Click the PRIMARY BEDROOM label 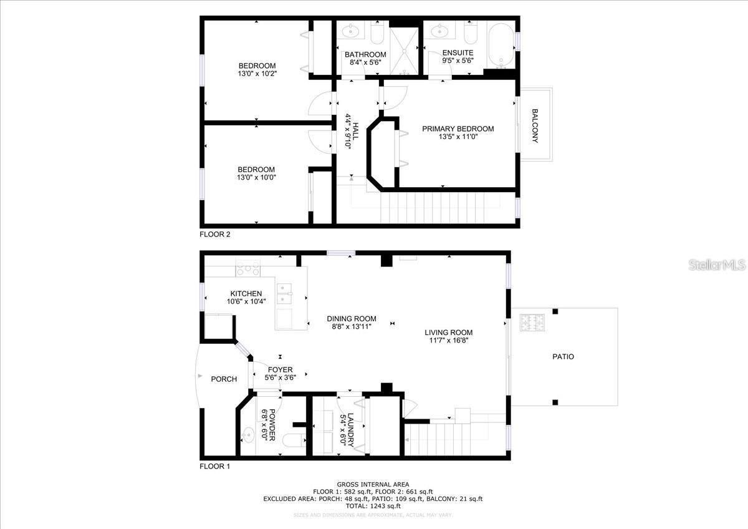[x=458, y=129]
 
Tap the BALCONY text [x=535, y=126]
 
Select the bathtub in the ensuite [x=500, y=46]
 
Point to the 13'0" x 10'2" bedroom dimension [x=257, y=74]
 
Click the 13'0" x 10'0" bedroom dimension [x=256, y=177]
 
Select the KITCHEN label [x=246, y=294]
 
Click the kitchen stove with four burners [x=247, y=270]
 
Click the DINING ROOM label [x=352, y=319]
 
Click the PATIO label [x=563, y=357]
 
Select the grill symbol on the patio [x=531, y=323]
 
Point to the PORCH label [x=224, y=379]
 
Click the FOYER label [x=280, y=370]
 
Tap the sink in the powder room [x=247, y=432]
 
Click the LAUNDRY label [x=351, y=428]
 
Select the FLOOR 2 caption [x=215, y=235]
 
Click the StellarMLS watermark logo [x=717, y=265]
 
